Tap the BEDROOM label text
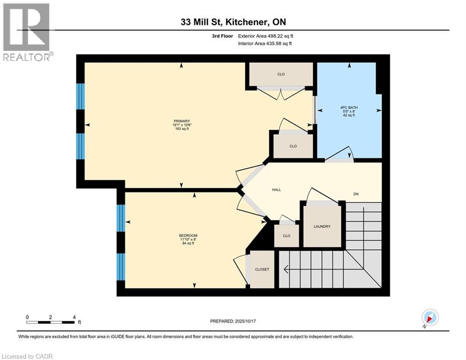click(188, 235)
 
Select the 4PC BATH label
click(349, 107)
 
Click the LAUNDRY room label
click(322, 226)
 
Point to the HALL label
click(276, 190)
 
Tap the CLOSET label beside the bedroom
click(262, 270)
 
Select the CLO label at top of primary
click(281, 74)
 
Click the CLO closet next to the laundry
click(287, 236)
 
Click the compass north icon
click(430, 317)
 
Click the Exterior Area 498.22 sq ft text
click(266, 36)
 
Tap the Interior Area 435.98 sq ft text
click(265, 44)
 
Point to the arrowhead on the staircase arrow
click(286, 270)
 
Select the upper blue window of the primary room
click(81, 96)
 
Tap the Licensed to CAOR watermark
click(27, 356)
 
